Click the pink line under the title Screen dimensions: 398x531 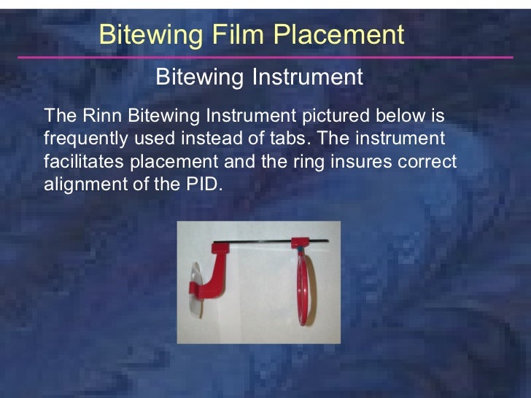coord(265,57)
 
